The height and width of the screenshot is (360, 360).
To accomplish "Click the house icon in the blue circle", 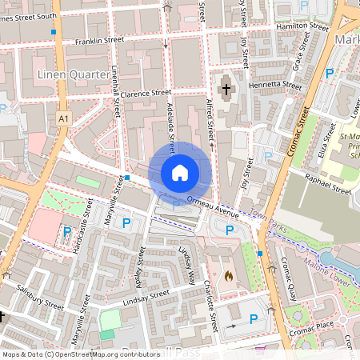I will coord(180,172).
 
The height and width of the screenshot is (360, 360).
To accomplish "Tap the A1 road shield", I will coord(63,118).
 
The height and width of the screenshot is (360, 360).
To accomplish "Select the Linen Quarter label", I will coord(73,74).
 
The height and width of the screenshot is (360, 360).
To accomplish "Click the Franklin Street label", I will coord(99,39).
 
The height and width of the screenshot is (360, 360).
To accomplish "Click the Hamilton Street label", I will coord(302,26).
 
